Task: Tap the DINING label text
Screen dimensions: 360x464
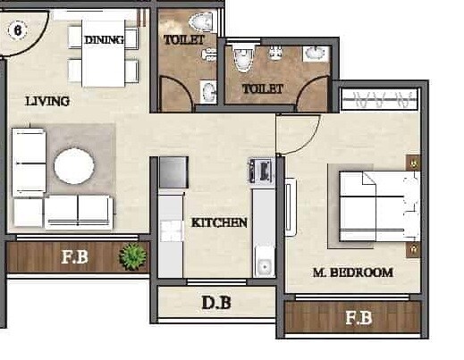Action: (105, 40)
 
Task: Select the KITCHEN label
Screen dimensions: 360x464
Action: (219, 222)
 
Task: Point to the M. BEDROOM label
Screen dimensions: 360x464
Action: (353, 272)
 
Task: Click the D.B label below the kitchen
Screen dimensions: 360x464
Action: (215, 303)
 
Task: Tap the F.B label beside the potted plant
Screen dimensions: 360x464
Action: (75, 259)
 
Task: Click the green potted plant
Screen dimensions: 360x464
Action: (133, 257)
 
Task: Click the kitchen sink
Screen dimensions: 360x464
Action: (264, 266)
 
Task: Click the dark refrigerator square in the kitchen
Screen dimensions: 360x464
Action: (173, 171)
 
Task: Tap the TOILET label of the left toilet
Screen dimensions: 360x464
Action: (183, 40)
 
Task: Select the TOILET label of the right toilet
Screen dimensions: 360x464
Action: (262, 88)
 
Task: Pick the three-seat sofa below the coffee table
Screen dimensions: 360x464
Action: (78, 212)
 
